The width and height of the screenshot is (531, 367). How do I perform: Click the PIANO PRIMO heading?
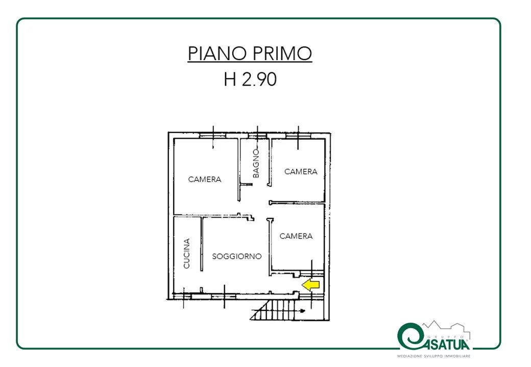250,54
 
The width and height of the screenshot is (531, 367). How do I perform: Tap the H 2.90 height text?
250,80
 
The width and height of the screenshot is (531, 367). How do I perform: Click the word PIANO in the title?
216,54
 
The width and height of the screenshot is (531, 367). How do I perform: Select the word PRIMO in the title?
282,54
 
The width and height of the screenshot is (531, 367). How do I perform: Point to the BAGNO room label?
256,164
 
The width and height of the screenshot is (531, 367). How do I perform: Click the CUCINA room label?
186,253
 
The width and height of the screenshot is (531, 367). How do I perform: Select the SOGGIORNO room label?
237,256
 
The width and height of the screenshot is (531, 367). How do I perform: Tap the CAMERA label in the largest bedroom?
205,179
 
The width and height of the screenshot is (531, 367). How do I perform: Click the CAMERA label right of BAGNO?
301,172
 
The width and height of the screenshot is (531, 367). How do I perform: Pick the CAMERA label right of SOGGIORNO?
296,236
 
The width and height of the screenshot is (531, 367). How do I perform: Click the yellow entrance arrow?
311,285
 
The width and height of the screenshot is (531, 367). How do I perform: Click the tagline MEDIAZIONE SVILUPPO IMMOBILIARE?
434,356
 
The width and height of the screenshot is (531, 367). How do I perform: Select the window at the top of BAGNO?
257,136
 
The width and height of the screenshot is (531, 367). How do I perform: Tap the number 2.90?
259,80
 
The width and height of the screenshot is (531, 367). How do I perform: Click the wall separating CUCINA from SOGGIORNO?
202,243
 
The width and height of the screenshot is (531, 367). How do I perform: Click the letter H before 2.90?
230,80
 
